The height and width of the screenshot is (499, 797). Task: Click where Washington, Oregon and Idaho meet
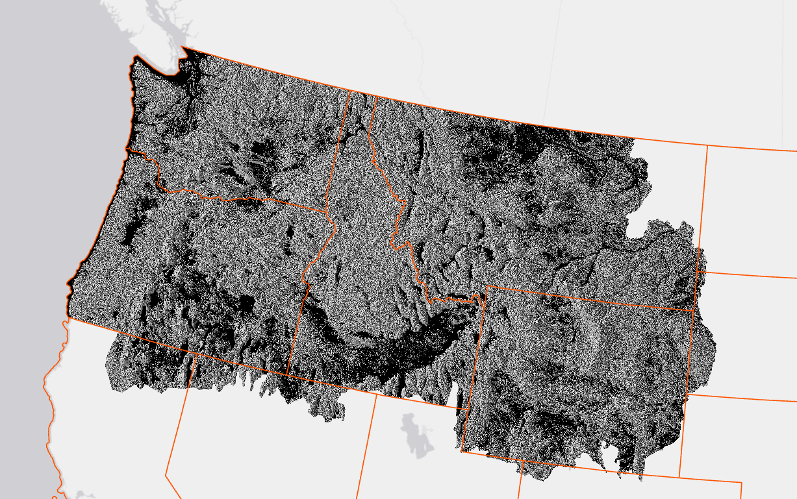tap(326, 211)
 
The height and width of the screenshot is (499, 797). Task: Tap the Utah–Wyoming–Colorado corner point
tap(522, 461)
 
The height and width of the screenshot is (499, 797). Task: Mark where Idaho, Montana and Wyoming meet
tap(486, 286)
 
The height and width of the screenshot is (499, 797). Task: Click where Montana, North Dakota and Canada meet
tap(707, 147)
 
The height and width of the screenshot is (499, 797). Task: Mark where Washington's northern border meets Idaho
tap(350, 91)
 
